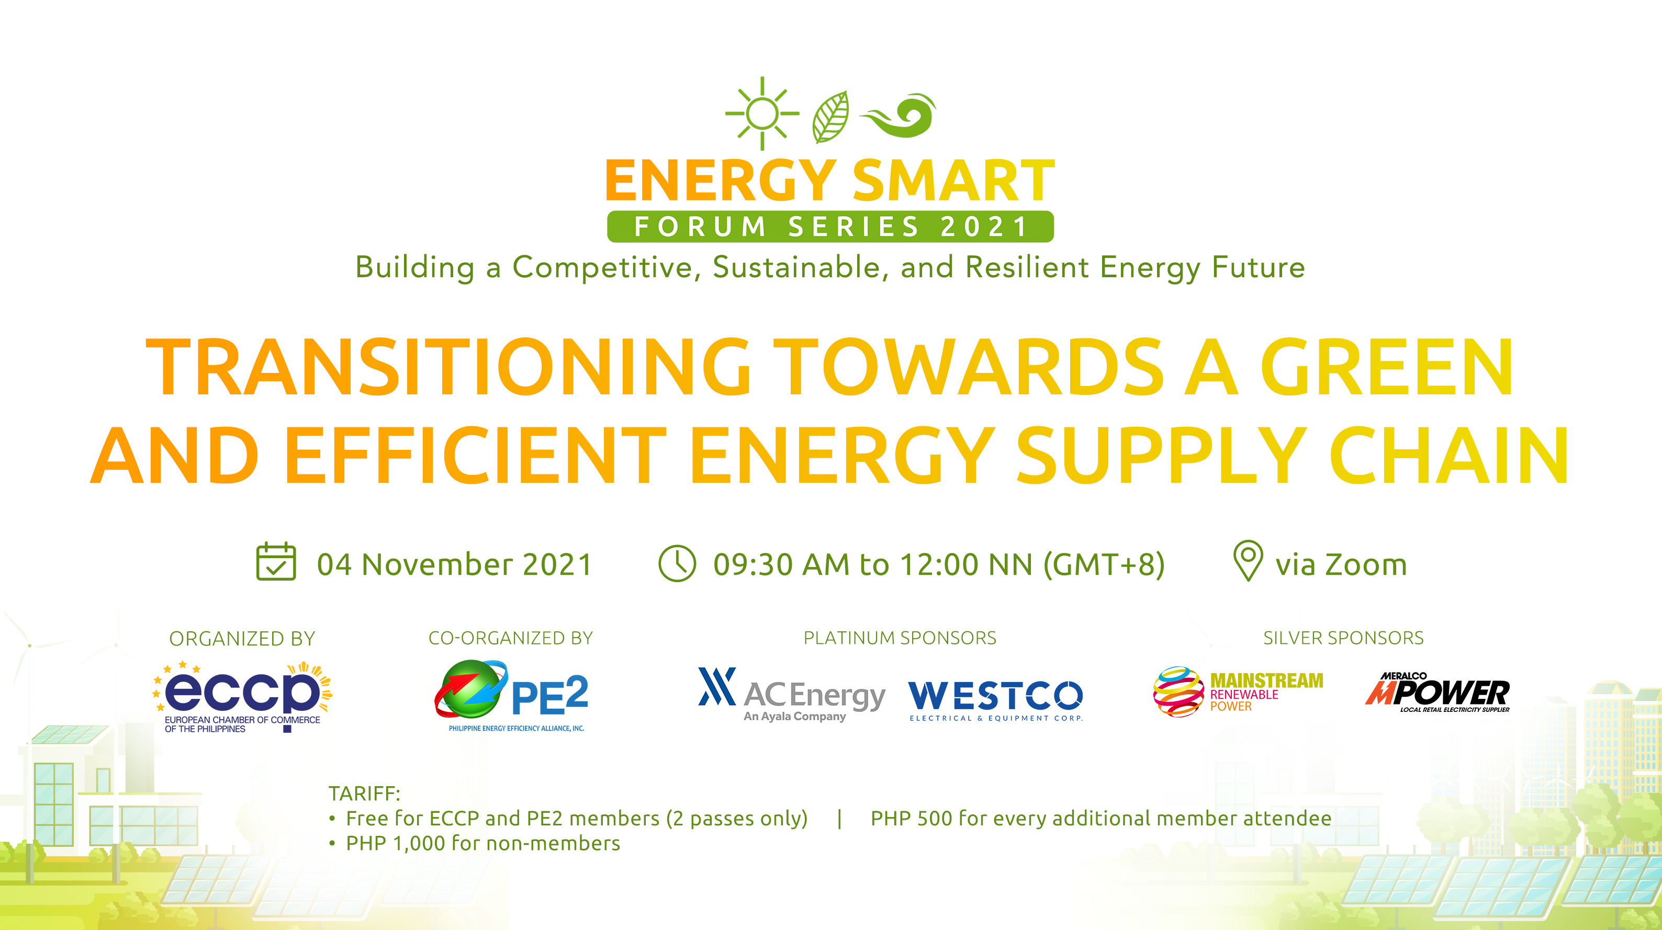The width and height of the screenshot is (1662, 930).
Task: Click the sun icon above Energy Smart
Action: click(x=762, y=114)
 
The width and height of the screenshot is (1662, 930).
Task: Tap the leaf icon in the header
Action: click(x=831, y=117)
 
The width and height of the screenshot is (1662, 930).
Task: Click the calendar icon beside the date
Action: click(x=276, y=562)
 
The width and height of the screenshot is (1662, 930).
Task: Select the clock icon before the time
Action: click(x=677, y=564)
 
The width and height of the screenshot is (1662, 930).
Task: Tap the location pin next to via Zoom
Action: click(x=1248, y=560)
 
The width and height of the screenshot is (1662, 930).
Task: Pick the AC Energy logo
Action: click(x=792, y=695)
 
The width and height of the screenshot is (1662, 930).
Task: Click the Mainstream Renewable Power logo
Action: click(x=1238, y=692)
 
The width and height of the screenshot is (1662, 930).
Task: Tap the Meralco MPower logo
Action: click(x=1438, y=693)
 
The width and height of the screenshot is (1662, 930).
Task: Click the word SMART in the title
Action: click(x=953, y=182)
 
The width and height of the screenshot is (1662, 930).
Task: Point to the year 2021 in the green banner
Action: click(x=984, y=227)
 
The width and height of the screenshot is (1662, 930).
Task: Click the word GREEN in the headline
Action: click(x=1387, y=368)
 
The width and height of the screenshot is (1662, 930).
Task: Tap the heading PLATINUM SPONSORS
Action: click(x=900, y=638)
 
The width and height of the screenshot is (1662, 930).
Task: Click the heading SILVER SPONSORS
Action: click(x=1343, y=638)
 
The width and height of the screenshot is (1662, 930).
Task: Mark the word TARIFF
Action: click(x=364, y=793)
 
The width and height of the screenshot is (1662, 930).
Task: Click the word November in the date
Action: click(x=437, y=564)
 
